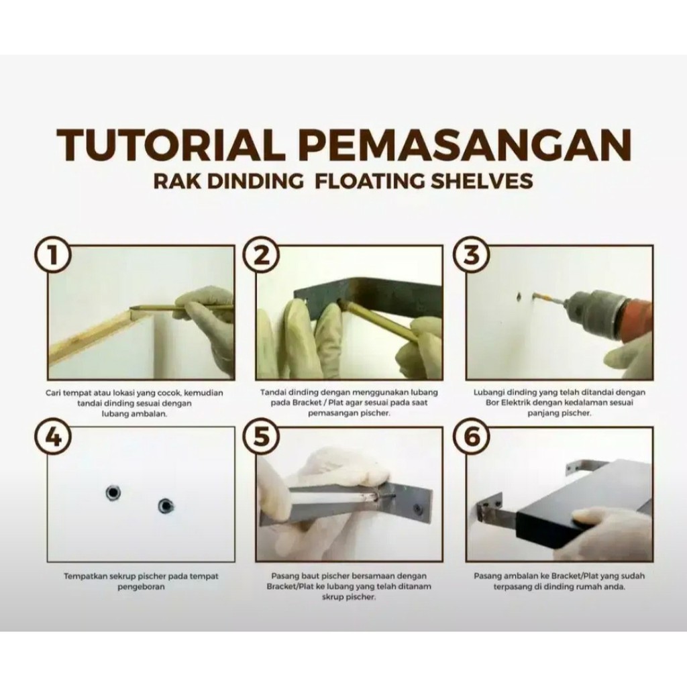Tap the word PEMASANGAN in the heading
[x=468, y=145]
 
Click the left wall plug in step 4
[x=113, y=492]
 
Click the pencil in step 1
[x=184, y=309]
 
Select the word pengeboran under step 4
[x=141, y=587]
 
